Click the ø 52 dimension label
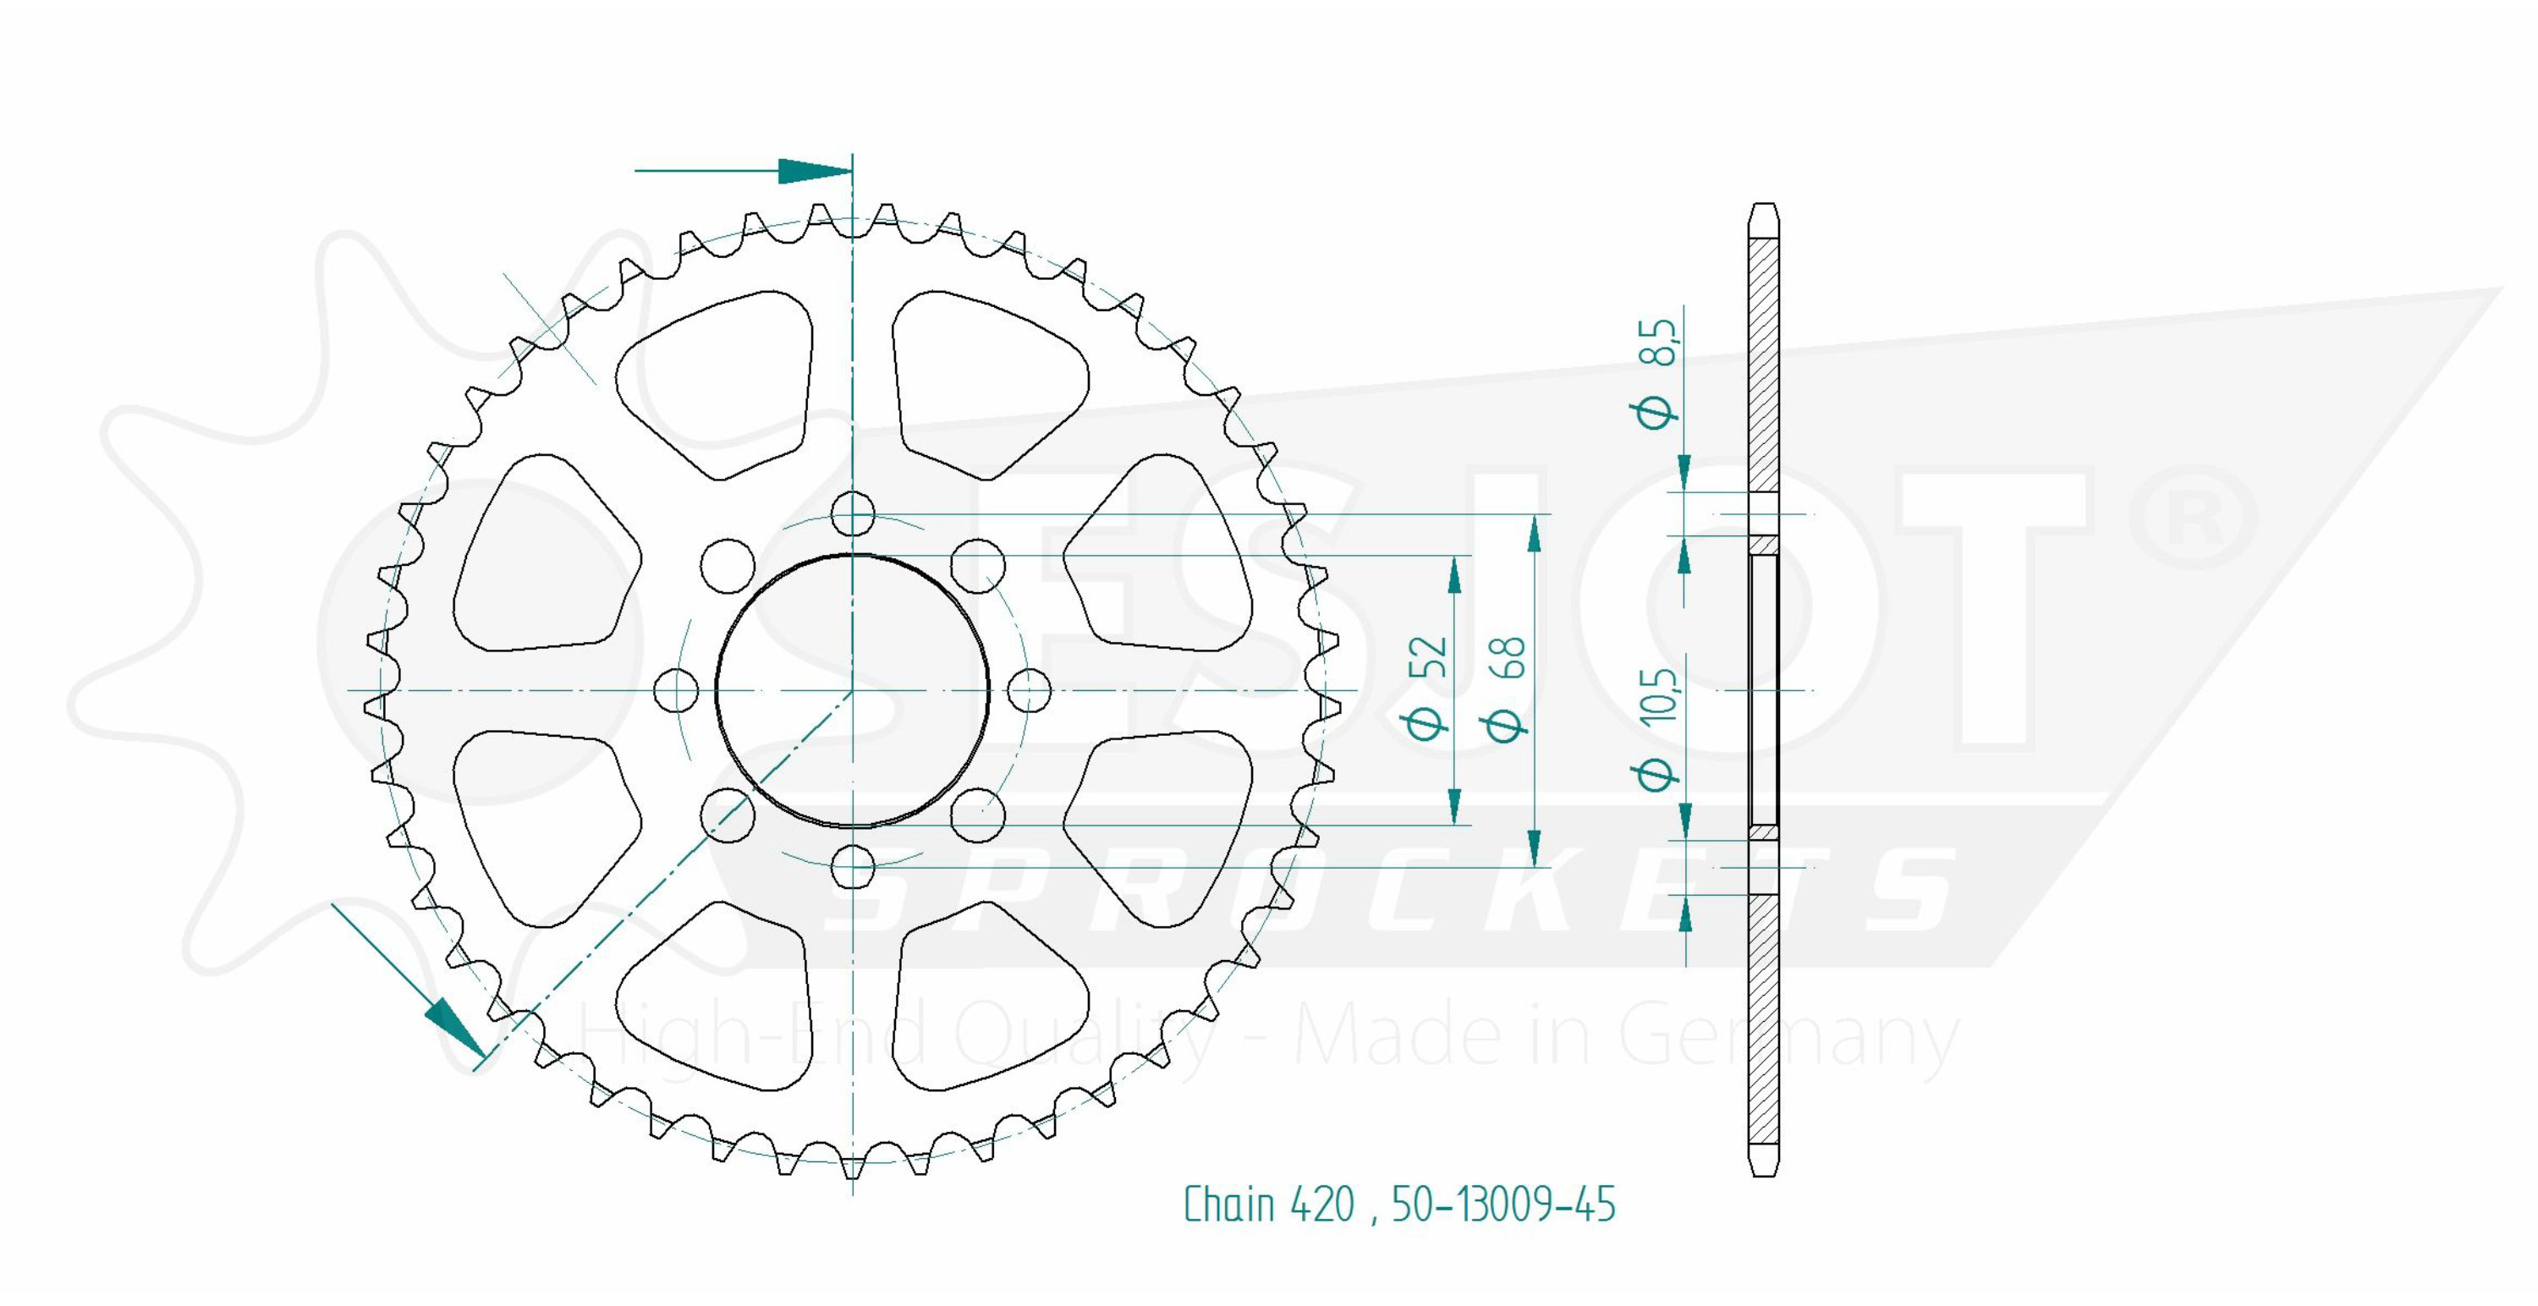click(x=1428, y=687)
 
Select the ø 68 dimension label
click(x=1507, y=687)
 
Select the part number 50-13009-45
click(x=1503, y=1204)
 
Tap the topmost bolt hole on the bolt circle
click(x=852, y=514)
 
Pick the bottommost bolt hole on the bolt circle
click(x=852, y=867)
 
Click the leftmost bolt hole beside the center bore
click(x=677, y=690)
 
